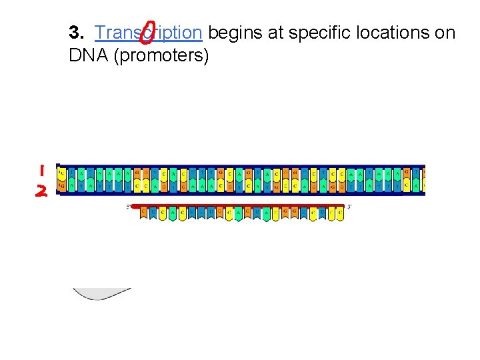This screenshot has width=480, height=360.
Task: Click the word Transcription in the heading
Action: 148,32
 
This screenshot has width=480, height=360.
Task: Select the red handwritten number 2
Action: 41,191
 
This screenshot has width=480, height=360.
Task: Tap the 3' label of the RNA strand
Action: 349,207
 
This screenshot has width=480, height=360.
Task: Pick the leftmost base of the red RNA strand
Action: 144,213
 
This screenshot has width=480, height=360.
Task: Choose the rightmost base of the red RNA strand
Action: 340,213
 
